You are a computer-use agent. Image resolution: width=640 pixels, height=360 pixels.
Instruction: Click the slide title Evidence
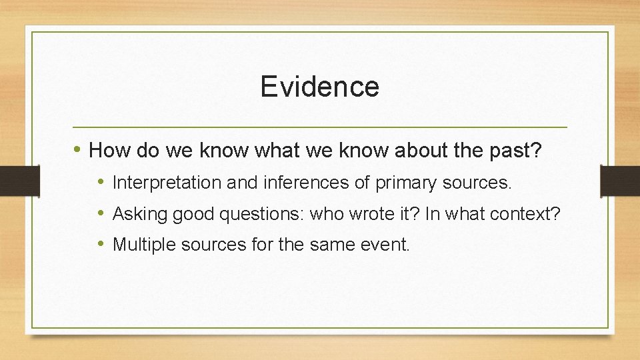point(319,87)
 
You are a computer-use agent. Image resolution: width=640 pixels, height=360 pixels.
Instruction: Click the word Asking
point(137,214)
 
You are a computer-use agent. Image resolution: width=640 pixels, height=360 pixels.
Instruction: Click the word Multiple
point(140,245)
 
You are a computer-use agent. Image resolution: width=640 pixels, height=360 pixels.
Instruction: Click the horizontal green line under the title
point(319,127)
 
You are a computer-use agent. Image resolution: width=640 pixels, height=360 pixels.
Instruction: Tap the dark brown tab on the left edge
point(12,181)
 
